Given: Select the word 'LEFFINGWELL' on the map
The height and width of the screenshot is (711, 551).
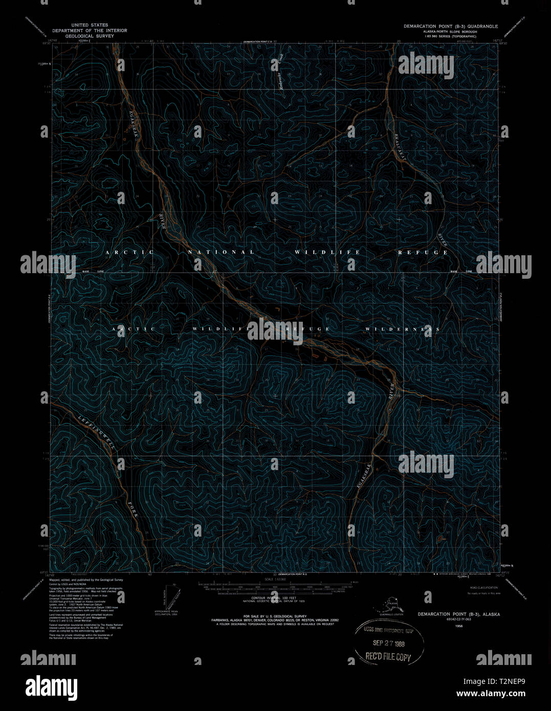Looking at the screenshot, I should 98,431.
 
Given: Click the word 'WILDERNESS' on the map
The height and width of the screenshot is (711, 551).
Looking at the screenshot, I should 402,329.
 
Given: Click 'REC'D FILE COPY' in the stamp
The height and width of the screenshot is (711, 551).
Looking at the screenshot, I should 388,657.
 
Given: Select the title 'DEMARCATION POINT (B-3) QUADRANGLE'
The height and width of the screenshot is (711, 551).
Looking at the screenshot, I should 450,26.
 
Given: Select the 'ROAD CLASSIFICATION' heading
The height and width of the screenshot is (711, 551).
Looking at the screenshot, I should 483,588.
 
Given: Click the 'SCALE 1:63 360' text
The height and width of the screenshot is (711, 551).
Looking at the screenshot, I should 275,580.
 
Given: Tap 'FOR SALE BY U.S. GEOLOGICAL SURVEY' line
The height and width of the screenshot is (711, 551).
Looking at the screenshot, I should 275,616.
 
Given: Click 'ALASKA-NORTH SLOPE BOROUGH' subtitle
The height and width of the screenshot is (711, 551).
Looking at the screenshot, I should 450,32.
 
